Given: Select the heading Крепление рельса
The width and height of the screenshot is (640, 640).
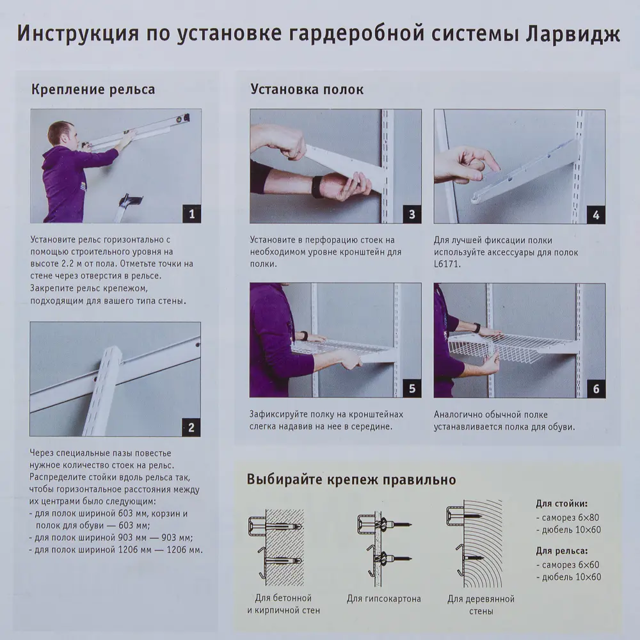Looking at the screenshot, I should point(93,89).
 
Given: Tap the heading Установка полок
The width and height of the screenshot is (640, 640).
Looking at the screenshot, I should point(307,89).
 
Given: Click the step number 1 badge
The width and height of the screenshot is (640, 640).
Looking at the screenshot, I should point(191,214).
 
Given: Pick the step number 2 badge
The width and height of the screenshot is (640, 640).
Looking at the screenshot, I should point(191,427).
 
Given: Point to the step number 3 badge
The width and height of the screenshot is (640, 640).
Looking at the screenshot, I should point(412,214).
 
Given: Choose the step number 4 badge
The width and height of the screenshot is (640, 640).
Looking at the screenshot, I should point(595,214).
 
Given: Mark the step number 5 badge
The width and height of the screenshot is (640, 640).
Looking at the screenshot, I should point(412,388).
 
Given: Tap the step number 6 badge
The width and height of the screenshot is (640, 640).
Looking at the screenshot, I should point(595,388).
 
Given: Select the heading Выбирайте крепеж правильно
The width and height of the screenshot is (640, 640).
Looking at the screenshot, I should point(351,479).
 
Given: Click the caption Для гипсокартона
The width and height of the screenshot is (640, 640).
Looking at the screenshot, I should point(384,599).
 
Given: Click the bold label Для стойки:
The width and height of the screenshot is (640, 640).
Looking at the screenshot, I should point(561,503).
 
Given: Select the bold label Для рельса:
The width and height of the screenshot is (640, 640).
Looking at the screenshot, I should point(561,550).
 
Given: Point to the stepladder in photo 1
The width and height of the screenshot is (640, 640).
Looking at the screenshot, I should point(130,206).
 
